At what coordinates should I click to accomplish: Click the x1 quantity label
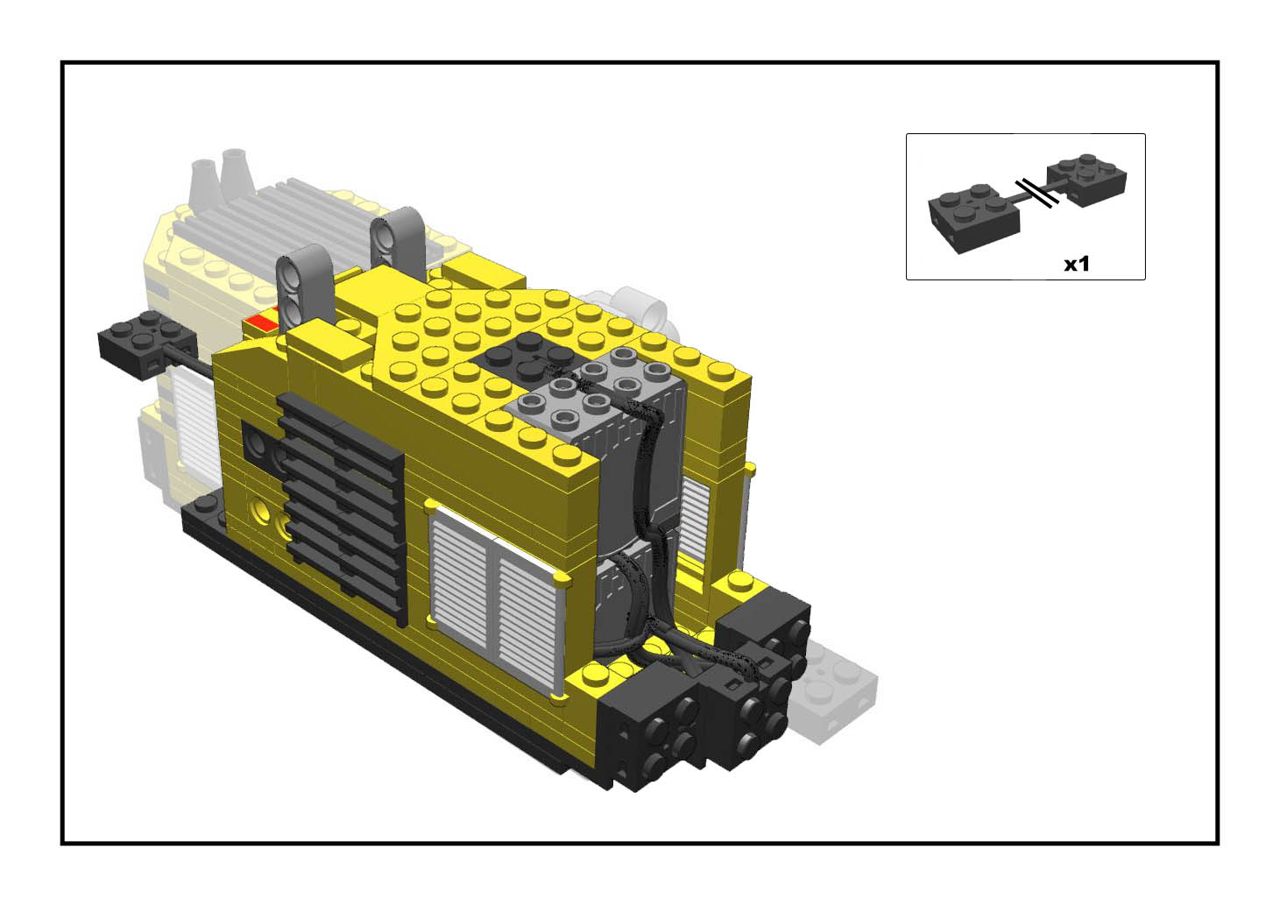point(1077,264)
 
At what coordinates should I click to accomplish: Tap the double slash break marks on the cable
point(1036,193)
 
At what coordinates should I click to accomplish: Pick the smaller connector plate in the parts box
point(1086,180)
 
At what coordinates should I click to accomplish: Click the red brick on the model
point(265,322)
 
